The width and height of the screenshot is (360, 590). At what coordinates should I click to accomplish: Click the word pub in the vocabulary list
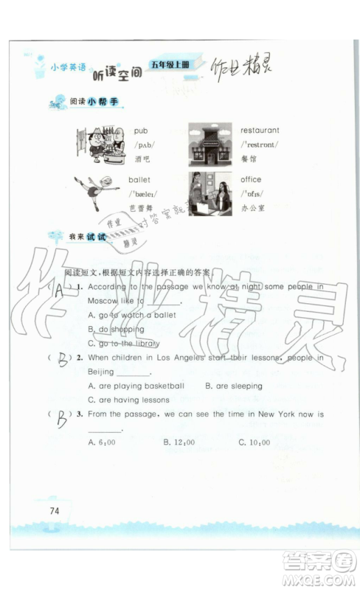[140, 131]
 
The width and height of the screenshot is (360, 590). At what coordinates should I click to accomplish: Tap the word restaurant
[260, 131]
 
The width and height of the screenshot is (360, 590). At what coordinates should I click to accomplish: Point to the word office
[251, 179]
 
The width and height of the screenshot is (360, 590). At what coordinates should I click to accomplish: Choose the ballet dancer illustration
[94, 192]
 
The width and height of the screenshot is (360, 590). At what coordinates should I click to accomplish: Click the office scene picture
[210, 193]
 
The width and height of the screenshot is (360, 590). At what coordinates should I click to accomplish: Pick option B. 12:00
[179, 442]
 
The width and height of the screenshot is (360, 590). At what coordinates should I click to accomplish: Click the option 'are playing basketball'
[136, 386]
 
